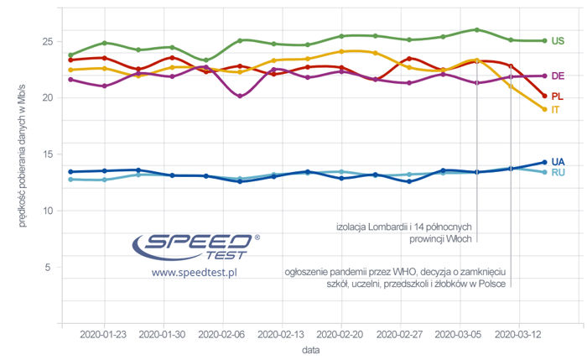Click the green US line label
(x=558, y=41)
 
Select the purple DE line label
(x=558, y=76)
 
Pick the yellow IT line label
(x=556, y=111)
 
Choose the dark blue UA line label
(x=558, y=161)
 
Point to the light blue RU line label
(x=558, y=173)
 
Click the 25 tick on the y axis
(x=47, y=42)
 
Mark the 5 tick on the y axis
(x=49, y=267)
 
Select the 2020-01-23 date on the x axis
(x=103, y=334)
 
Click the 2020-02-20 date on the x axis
(x=341, y=334)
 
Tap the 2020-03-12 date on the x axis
(x=520, y=334)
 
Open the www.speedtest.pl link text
(x=195, y=273)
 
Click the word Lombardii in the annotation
(x=395, y=226)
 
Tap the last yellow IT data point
(x=544, y=109)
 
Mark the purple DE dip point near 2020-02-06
(x=241, y=96)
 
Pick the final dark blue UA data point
(x=544, y=162)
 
